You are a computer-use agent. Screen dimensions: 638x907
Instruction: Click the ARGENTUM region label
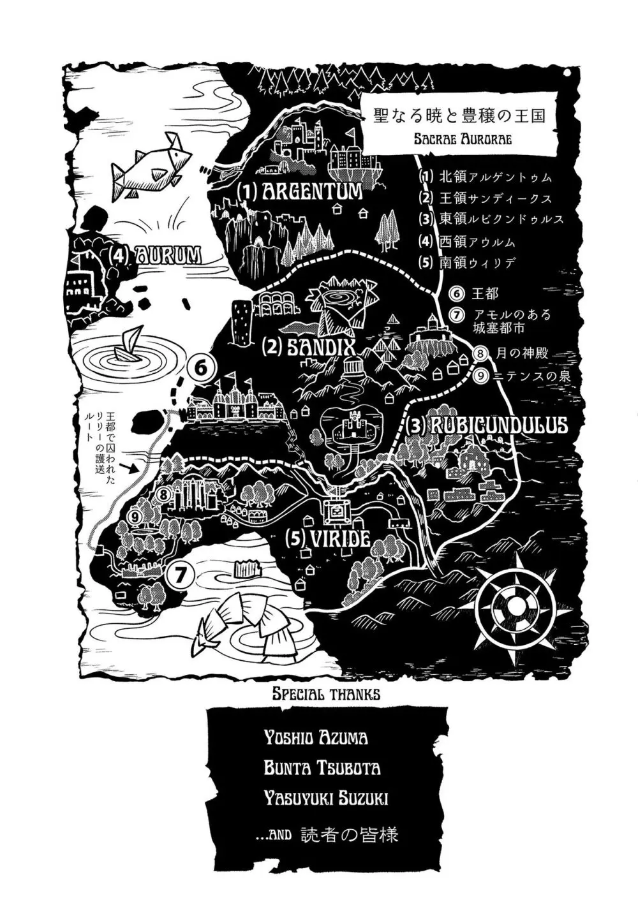click(300, 192)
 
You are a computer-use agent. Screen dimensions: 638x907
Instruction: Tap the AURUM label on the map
click(156, 255)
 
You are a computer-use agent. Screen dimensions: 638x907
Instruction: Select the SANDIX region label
click(308, 346)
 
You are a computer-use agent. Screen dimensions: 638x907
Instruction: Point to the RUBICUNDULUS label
click(486, 425)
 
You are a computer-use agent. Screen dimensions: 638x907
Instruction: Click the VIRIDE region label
click(327, 539)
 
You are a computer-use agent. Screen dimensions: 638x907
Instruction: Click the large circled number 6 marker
click(202, 369)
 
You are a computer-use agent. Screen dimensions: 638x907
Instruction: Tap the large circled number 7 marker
click(181, 573)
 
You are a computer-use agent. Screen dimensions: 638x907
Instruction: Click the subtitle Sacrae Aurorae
click(463, 139)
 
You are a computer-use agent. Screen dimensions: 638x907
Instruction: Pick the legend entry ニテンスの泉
click(522, 376)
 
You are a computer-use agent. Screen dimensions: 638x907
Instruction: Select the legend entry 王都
click(473, 293)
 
